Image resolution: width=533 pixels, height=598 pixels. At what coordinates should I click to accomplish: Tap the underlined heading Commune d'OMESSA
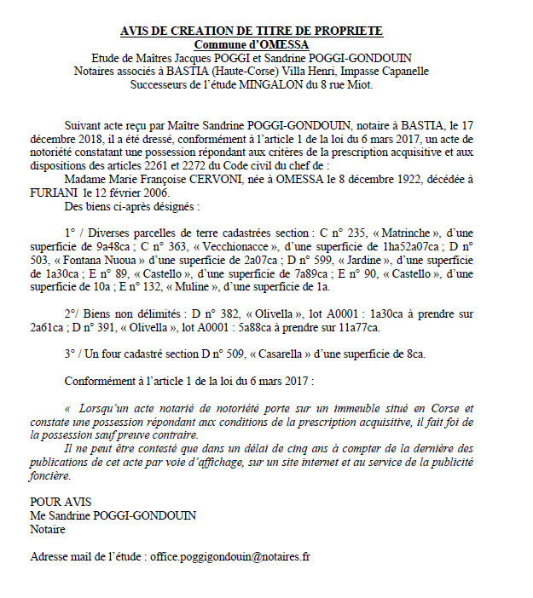pyautogui.click(x=251, y=44)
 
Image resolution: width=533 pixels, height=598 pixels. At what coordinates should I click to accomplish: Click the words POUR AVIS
pyautogui.click(x=61, y=502)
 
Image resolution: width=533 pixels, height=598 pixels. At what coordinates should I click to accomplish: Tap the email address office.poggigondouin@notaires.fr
pyautogui.click(x=230, y=557)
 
